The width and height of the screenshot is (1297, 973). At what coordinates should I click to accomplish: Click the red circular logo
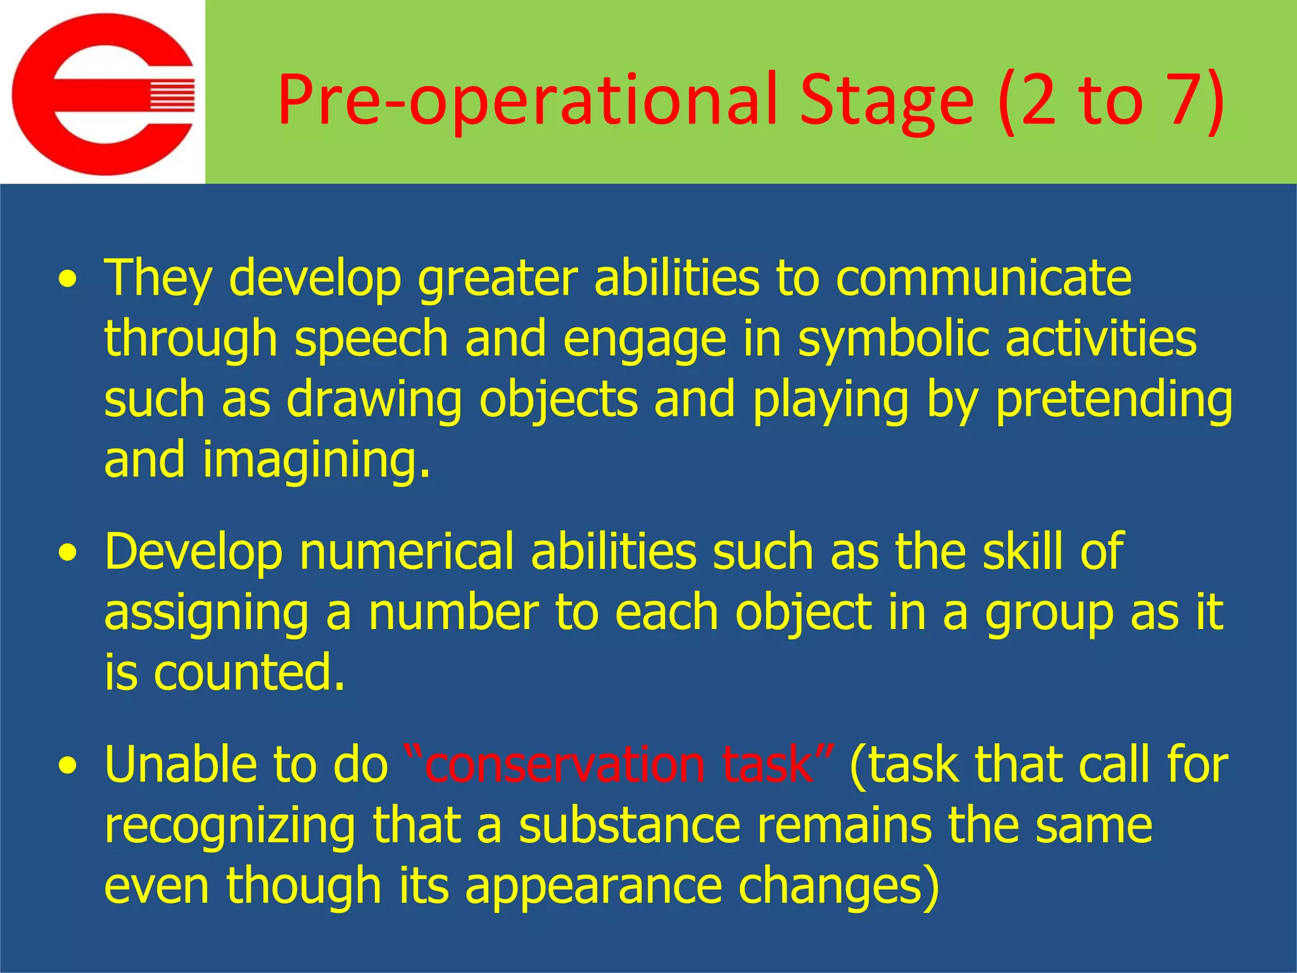(x=103, y=94)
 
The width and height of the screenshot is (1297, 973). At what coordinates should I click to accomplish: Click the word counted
(x=250, y=673)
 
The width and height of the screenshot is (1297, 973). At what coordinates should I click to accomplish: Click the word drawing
(x=374, y=400)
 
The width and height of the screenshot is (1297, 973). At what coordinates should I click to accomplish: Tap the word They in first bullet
(x=158, y=279)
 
